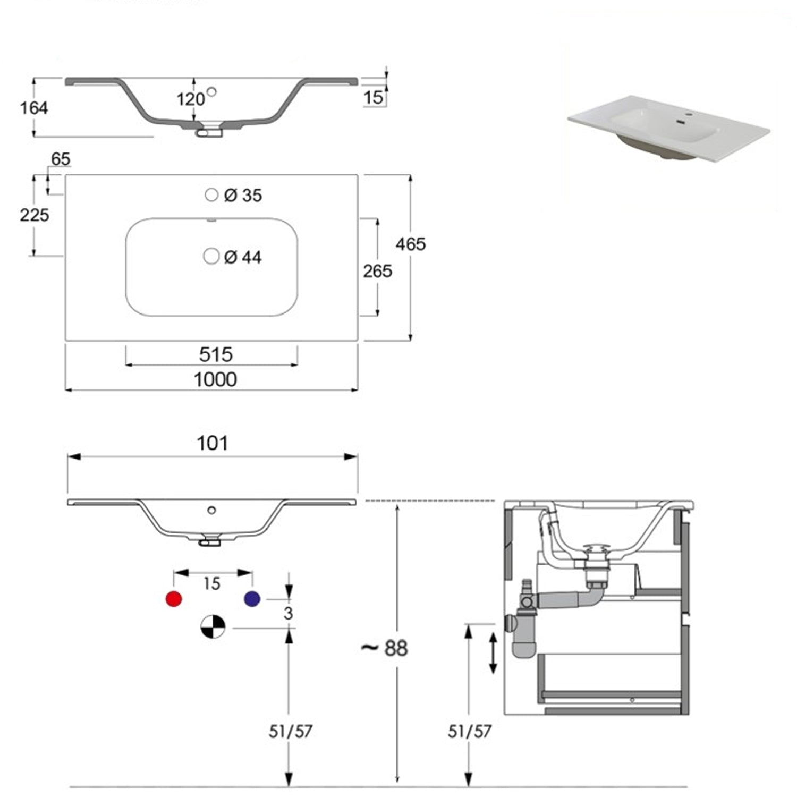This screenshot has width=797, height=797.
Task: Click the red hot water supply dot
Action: (174, 599)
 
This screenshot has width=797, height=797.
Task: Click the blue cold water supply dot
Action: (252, 599)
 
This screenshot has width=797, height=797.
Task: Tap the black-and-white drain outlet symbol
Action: (213, 626)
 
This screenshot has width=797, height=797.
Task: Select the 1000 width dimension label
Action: (215, 379)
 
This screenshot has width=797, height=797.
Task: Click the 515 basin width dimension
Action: (216, 354)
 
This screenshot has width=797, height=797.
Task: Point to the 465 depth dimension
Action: (411, 244)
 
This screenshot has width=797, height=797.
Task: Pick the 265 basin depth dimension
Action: (377, 271)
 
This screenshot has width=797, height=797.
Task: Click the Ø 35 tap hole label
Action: (243, 196)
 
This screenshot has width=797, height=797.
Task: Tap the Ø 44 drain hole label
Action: (243, 258)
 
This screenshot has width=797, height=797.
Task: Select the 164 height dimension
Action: (34, 108)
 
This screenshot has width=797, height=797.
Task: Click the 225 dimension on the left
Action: (34, 215)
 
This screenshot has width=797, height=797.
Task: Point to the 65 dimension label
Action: (61, 159)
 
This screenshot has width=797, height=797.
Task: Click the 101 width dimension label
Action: (212, 443)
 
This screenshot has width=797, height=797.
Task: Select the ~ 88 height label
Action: (384, 648)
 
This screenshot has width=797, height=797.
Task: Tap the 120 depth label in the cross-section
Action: (190, 99)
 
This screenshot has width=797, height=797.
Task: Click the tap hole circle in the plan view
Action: (211, 195)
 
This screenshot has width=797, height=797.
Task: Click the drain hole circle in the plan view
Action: (211, 256)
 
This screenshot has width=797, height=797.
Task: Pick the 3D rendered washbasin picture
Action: (668, 128)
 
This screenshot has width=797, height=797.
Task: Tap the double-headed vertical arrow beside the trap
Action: (493, 653)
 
